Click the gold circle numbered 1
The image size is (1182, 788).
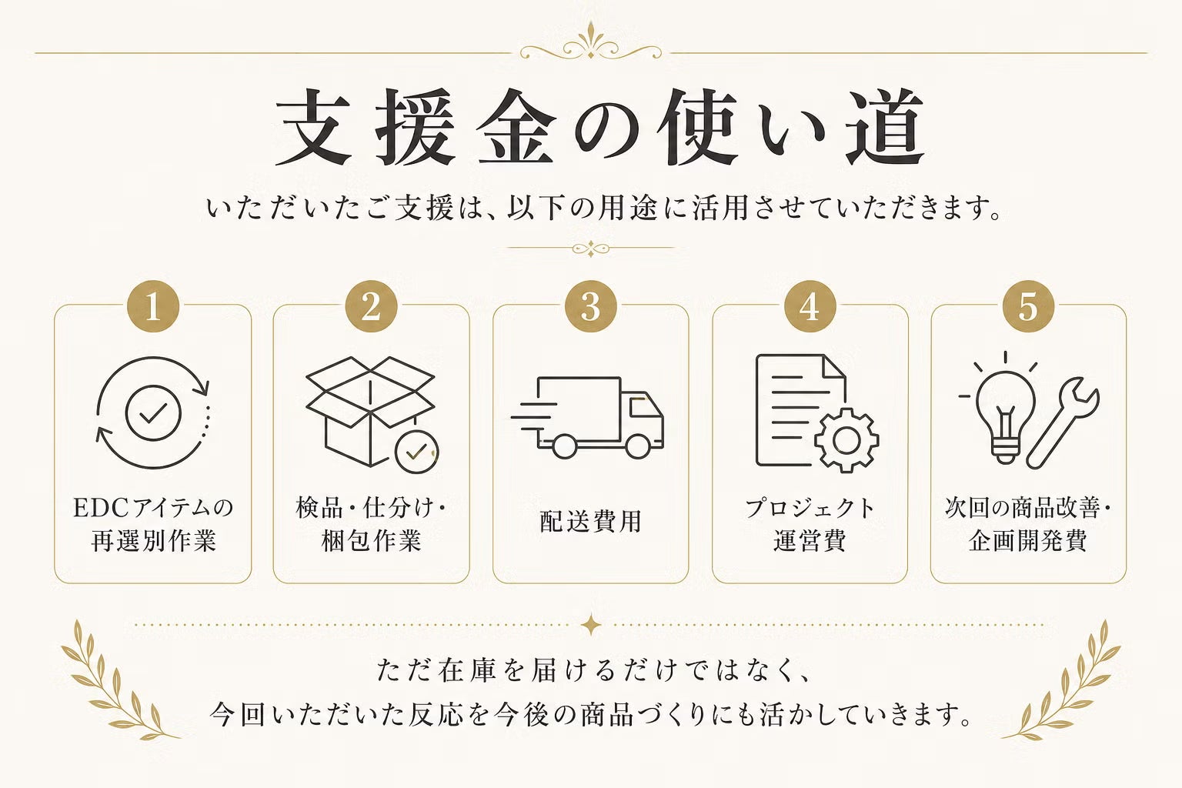153,306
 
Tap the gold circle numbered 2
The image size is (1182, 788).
372,306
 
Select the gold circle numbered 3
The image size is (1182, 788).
590,306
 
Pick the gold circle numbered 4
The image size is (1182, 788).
810,306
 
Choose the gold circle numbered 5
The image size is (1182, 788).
1028,306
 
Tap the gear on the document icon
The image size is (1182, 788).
847,439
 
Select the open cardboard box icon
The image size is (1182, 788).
370,411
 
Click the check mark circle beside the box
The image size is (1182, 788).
417,452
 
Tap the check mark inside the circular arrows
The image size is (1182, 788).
153,412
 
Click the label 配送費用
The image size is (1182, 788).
590,521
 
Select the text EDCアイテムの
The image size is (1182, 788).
153,508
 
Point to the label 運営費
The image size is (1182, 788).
810,541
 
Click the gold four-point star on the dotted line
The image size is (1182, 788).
591,626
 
